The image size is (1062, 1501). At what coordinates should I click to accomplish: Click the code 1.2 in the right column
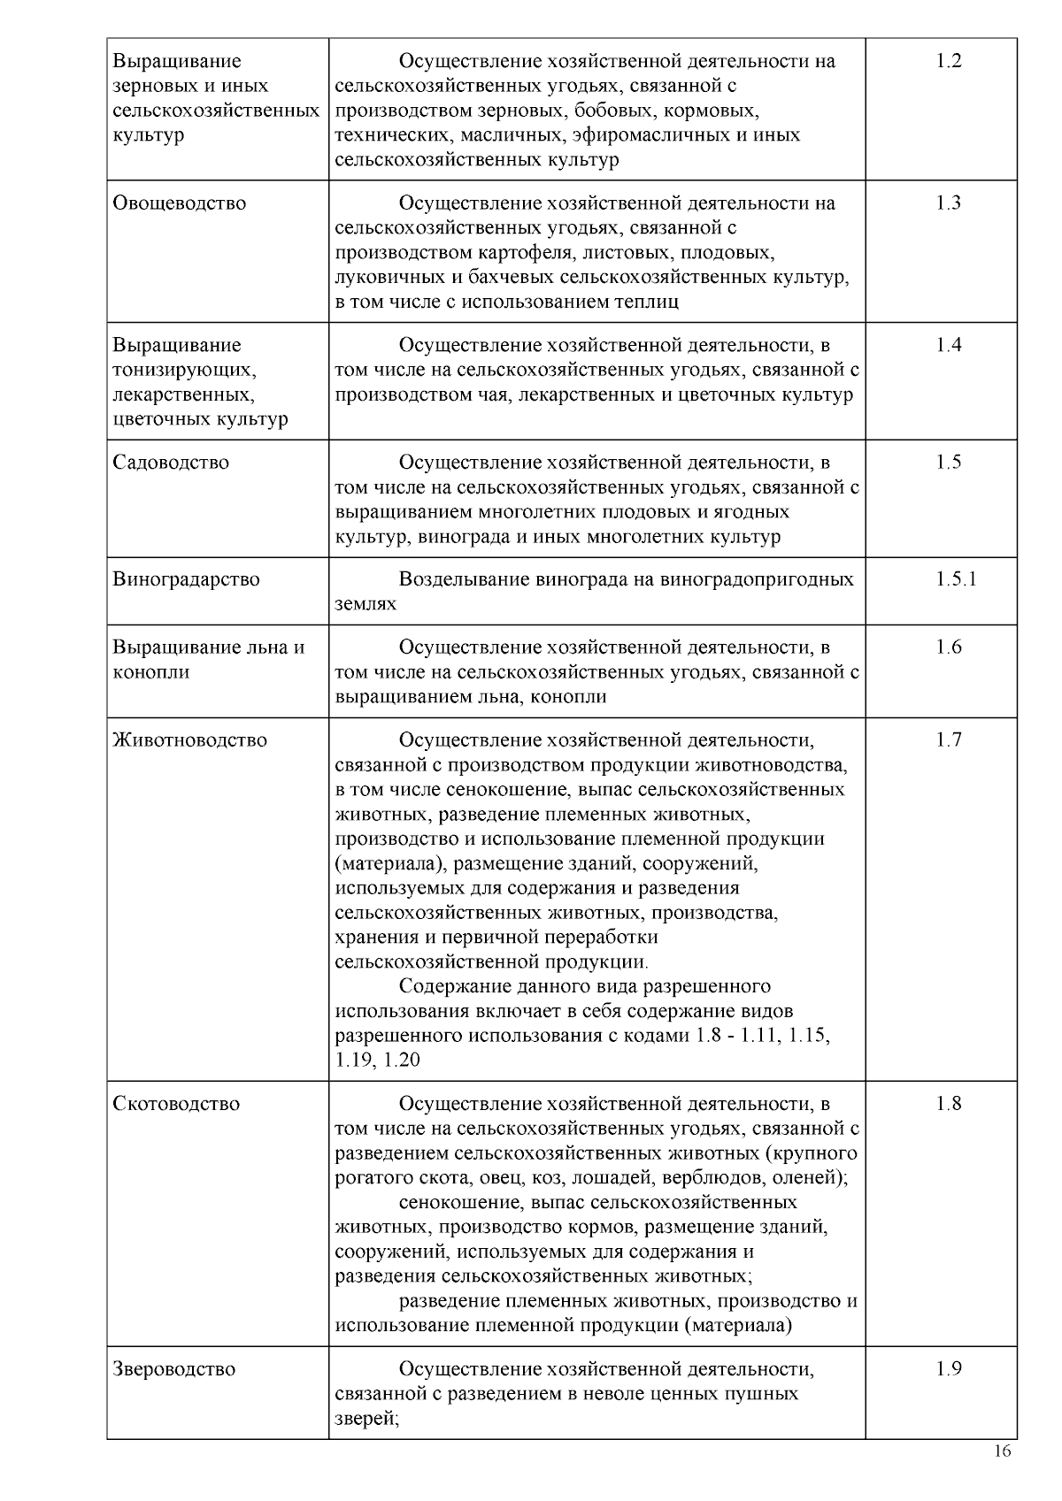[949, 61]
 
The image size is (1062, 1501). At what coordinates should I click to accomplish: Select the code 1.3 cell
[949, 203]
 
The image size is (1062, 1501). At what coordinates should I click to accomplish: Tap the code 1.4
[949, 345]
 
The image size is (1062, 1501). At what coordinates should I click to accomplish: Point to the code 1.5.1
[956, 579]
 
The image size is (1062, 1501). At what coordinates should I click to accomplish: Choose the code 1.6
[949, 647]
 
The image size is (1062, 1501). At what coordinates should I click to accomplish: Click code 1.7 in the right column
[949, 739]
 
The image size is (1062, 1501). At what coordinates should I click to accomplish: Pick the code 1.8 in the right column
[949, 1103]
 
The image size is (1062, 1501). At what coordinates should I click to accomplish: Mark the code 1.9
[949, 1368]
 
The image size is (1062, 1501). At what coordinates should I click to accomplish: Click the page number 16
[1003, 1451]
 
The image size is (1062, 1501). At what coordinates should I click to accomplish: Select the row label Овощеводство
[180, 203]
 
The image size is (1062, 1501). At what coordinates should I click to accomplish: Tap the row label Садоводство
[171, 462]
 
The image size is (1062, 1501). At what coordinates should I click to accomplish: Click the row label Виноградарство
[187, 579]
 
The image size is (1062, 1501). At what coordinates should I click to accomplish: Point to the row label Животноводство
[189, 739]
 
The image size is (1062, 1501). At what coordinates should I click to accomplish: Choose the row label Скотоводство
[176, 1103]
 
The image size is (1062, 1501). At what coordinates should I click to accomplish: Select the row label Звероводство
[174, 1368]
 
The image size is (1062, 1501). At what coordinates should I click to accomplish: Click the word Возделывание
[465, 579]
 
